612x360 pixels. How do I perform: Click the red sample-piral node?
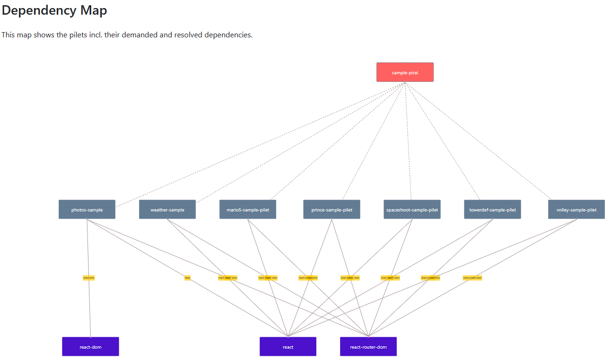(x=405, y=72)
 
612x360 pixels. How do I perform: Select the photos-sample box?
(x=87, y=210)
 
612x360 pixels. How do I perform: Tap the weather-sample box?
(x=167, y=210)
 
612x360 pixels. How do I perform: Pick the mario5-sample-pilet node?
(x=248, y=210)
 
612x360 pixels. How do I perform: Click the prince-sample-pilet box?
(x=332, y=210)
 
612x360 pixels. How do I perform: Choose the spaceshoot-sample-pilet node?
(x=412, y=210)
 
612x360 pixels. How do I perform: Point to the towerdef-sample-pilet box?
(x=492, y=210)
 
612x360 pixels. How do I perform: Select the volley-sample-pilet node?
(x=576, y=210)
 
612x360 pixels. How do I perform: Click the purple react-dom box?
(x=90, y=347)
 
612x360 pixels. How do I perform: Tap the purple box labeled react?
(x=288, y=347)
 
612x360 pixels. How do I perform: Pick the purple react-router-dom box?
(x=368, y=347)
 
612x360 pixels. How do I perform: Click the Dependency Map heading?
(x=54, y=10)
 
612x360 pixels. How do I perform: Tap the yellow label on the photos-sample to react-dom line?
(x=89, y=278)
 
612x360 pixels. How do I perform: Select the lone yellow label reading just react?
(x=188, y=278)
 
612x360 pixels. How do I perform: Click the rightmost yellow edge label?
(x=472, y=278)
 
